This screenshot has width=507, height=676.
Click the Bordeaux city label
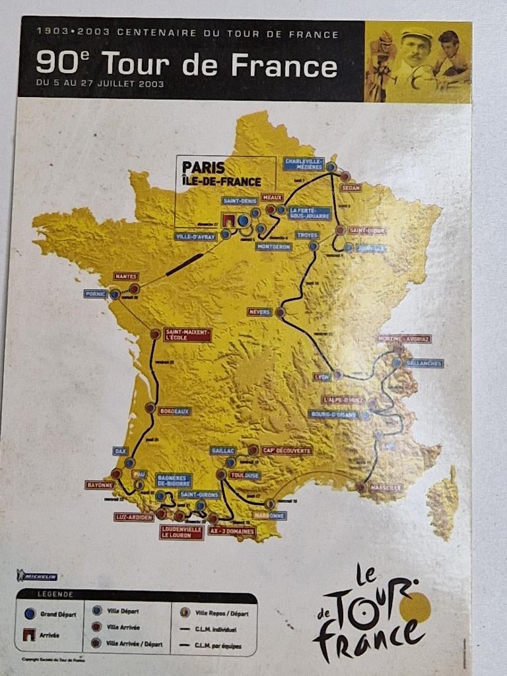pos(174,411)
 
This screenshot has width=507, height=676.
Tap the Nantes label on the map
pos(125,276)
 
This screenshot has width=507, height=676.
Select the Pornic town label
pos(96,294)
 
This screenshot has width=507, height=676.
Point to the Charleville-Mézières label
pos(303,164)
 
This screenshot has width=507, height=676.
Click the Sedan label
pos(351,187)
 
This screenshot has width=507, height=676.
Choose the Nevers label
pos(259,312)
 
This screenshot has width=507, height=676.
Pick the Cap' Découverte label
pos(287,450)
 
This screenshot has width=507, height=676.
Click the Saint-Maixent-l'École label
pos(188,335)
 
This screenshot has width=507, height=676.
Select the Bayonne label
pos(99,485)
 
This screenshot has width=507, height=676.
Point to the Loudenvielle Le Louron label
pos(182,532)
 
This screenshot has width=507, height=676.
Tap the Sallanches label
pos(424,363)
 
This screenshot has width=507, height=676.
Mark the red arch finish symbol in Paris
pos(228,219)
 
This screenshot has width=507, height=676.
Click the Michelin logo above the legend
pos(38,576)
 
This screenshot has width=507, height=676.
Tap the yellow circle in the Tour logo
pos(419,606)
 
